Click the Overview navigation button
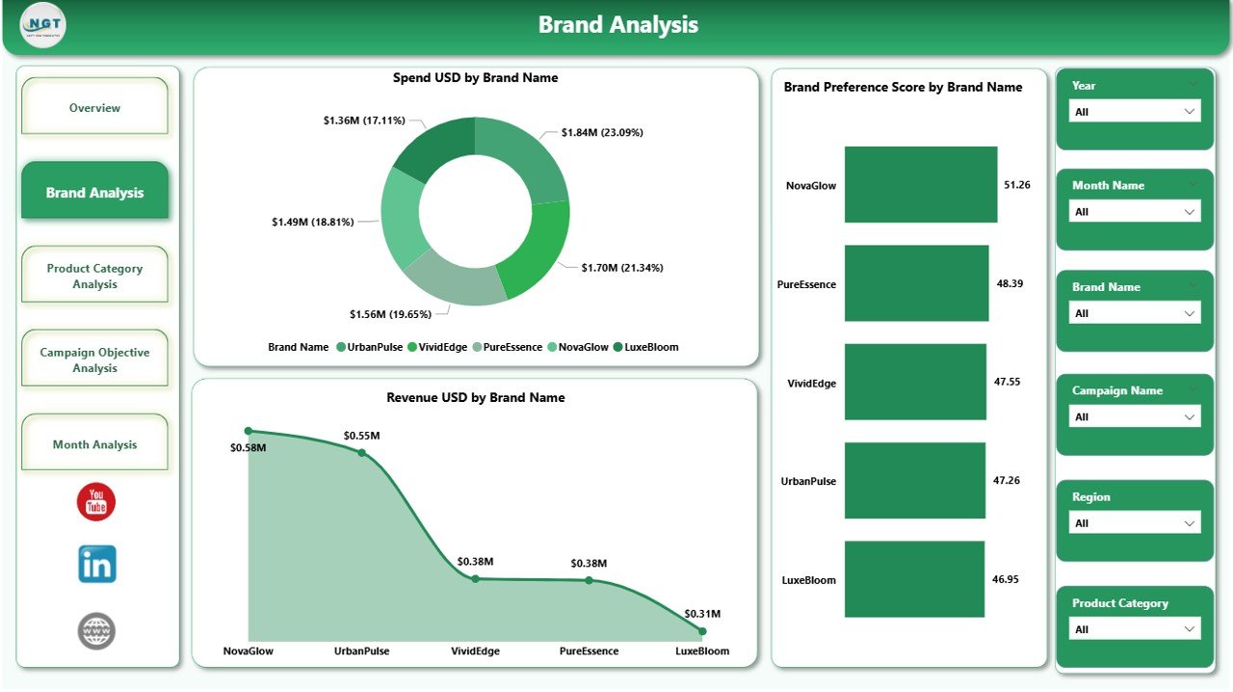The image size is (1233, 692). pos(94,107)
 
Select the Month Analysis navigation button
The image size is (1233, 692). pos(94,443)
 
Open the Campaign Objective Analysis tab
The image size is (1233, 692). pos(94,359)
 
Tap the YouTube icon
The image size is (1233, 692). pos(96,502)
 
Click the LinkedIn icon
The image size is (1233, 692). pos(97,564)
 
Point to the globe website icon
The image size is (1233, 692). pos(96,631)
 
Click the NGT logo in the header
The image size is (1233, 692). pos(43,25)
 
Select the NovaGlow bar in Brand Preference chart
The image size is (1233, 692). pos(920,184)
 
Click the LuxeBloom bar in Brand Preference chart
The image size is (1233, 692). pos(914,579)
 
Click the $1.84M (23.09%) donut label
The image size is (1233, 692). pos(594,132)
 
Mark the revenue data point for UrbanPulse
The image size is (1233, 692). pos(362,452)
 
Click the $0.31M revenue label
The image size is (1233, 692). pos(702,613)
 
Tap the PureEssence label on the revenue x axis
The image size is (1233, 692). pos(589,651)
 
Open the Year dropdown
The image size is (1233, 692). pos(1135,112)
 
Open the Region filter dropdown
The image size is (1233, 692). pos(1135,523)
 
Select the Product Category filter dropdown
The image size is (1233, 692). pos(1135,629)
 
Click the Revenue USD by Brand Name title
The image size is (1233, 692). pos(475,397)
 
